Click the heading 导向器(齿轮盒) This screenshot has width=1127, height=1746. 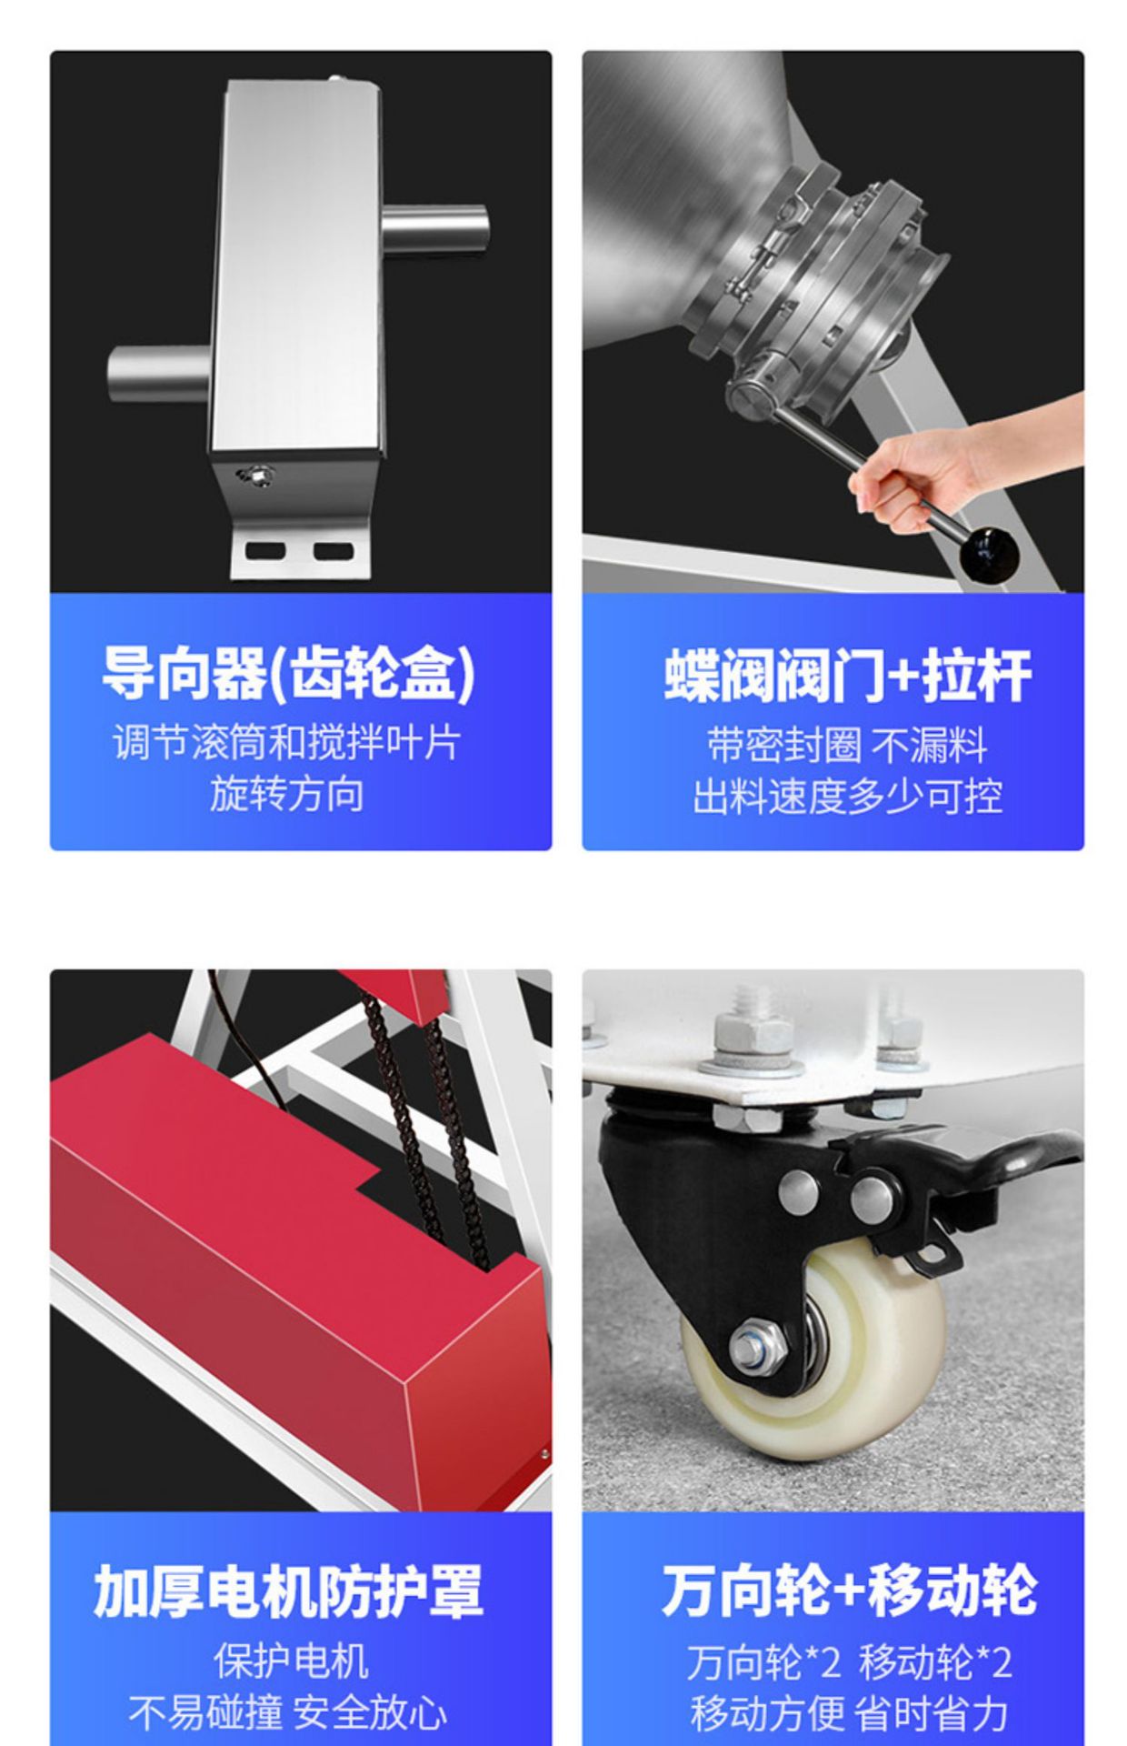point(287,674)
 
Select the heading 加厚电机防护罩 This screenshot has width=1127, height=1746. point(287,1591)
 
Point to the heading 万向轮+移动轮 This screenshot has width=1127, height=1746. point(849,1590)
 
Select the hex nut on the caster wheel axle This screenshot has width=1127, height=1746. point(758,1347)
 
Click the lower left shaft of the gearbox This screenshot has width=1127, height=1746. point(159,374)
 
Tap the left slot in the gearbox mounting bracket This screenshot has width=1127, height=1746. point(265,550)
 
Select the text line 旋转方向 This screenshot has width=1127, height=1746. point(287,794)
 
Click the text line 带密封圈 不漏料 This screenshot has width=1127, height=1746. point(847,746)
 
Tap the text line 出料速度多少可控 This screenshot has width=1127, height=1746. point(847,797)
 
